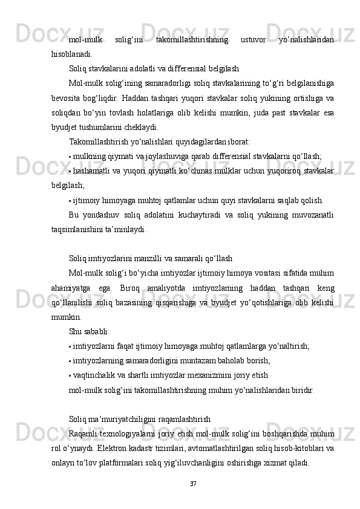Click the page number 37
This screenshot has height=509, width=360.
193,484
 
